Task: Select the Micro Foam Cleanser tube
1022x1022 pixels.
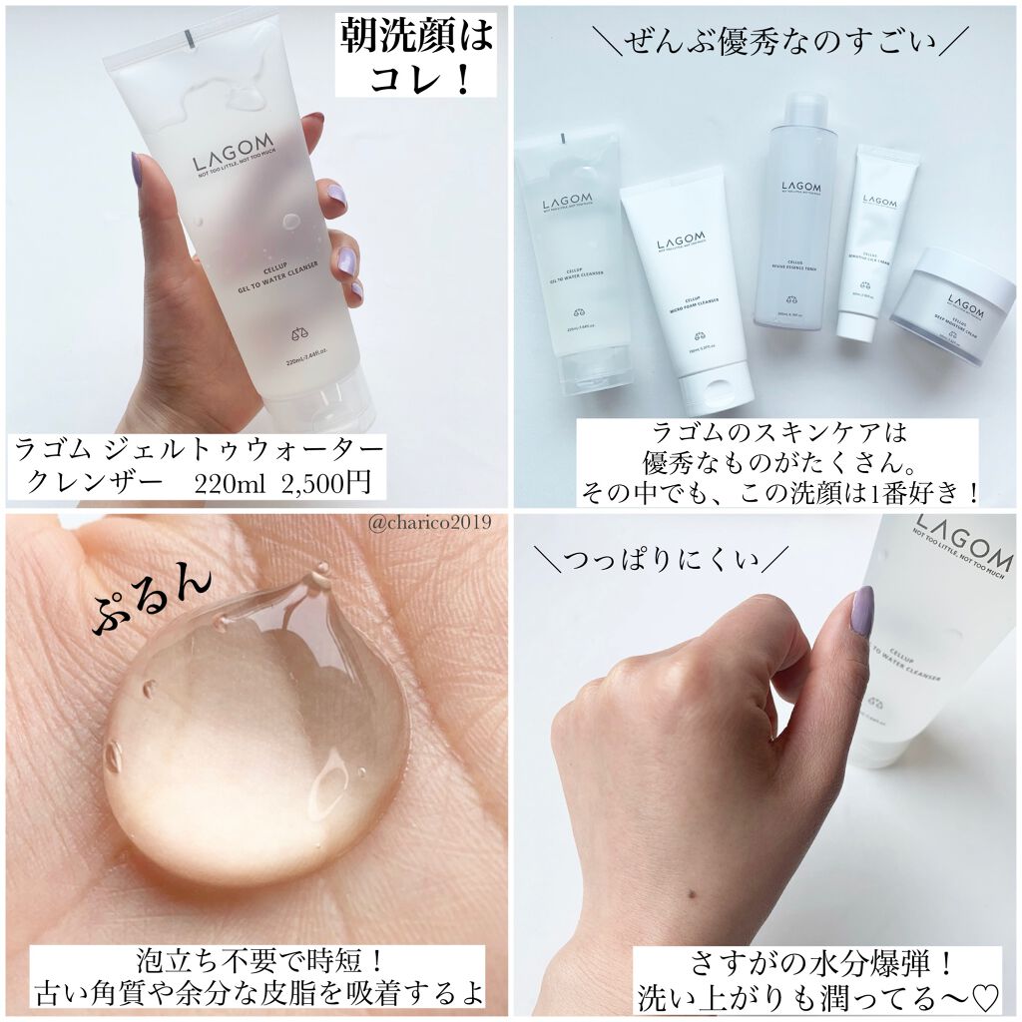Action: click(687, 289)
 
